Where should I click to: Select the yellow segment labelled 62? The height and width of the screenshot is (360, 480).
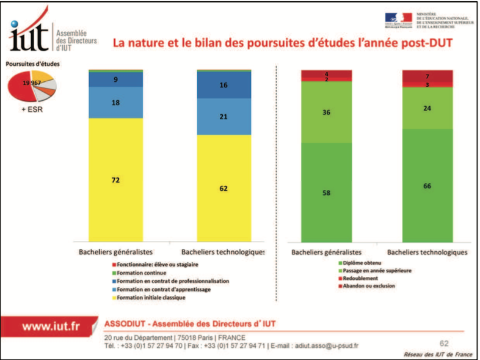pos(224,188)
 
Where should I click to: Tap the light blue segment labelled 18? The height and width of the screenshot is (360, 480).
pos(116,103)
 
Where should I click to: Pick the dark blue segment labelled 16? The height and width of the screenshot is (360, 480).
pos(224,86)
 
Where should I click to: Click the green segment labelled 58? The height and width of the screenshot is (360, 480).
pos(326,193)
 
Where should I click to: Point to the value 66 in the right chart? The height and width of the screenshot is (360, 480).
pos(427,186)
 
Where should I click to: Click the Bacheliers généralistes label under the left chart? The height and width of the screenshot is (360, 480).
pos(116,251)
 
